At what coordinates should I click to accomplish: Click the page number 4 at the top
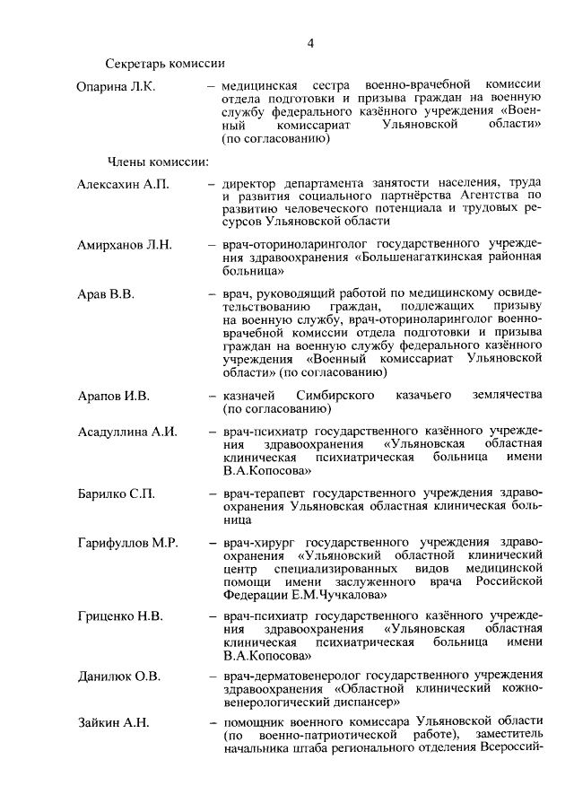point(310,43)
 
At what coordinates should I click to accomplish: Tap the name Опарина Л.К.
point(116,86)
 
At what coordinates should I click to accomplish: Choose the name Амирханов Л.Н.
point(124,244)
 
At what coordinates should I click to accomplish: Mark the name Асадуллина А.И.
point(126,432)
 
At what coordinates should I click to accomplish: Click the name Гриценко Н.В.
point(119,616)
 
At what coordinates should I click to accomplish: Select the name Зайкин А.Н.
point(112,723)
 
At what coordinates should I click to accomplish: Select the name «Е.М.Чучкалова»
point(340,594)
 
